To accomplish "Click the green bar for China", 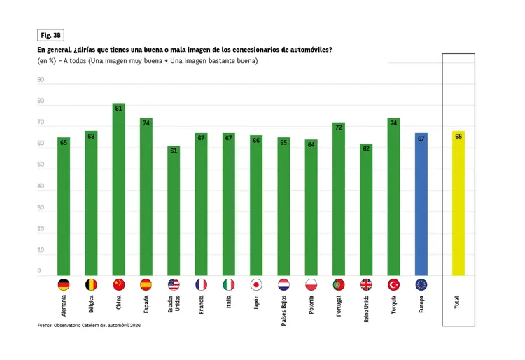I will [118, 189].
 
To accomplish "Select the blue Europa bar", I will [421, 204].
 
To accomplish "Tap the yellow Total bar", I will [458, 203].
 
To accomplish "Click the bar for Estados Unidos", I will [174, 210].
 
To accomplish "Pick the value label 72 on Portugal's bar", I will [339, 127].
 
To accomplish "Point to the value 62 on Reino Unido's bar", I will [366, 148].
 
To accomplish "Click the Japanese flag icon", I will [256, 284].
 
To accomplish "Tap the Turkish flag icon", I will [393, 284].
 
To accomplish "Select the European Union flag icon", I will [421, 284].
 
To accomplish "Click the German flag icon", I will [64, 284].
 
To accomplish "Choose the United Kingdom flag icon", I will [366, 284].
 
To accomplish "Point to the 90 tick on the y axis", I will [41, 80].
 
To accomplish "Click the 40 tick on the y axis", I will [41, 186].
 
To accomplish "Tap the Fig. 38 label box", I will [50, 35].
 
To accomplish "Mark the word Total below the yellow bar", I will [458, 303].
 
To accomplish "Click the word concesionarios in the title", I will [239, 50].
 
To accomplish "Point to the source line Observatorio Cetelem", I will [90, 326].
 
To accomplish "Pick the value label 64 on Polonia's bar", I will [311, 144].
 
